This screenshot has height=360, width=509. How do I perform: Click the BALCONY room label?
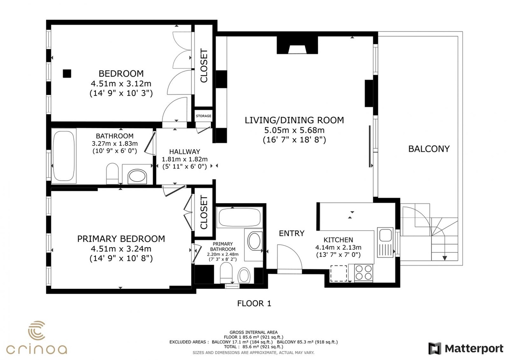(429, 149)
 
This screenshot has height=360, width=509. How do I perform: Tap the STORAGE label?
(203, 116)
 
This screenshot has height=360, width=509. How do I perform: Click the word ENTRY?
(291, 233)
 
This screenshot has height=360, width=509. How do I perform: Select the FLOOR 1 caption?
(254, 304)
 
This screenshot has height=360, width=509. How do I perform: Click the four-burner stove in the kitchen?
(364, 273)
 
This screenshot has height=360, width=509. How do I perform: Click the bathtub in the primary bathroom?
(240, 218)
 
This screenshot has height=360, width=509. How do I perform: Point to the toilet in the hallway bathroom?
(112, 173)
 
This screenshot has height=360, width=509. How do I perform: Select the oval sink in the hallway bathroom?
(137, 176)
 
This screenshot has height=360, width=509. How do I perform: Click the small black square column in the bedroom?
(67, 74)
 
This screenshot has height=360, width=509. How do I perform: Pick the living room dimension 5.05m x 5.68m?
(294, 130)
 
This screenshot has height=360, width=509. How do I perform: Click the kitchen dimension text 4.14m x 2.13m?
(338, 247)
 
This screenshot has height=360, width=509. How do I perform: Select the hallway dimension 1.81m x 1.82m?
(185, 159)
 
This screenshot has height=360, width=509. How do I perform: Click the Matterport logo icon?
(435, 349)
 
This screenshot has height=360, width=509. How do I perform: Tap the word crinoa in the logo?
(36, 349)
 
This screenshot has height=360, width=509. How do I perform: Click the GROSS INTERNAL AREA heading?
(254, 332)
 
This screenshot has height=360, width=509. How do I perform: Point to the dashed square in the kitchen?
(338, 273)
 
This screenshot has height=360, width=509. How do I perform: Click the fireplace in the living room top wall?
(297, 45)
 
